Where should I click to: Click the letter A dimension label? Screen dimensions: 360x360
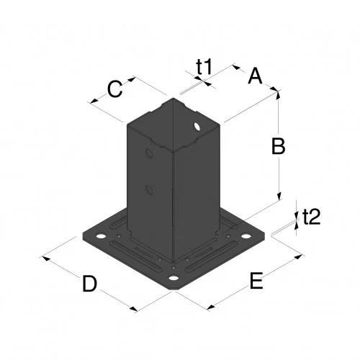pyautogui.click(x=255, y=76)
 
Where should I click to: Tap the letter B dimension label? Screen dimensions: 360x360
pyautogui.click(x=278, y=147)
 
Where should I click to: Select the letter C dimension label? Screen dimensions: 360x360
pyautogui.click(x=114, y=89)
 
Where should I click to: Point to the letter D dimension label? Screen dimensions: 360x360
pyautogui.click(x=89, y=284)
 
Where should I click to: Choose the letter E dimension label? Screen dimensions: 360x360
pyautogui.click(x=256, y=281)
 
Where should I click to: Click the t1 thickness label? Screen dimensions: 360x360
pyautogui.click(x=204, y=67)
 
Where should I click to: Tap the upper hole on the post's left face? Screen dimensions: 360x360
pyautogui.click(x=148, y=154)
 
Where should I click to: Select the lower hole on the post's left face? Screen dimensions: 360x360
pyautogui.click(x=149, y=189)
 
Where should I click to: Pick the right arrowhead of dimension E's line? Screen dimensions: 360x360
pyautogui.click(x=300, y=256)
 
